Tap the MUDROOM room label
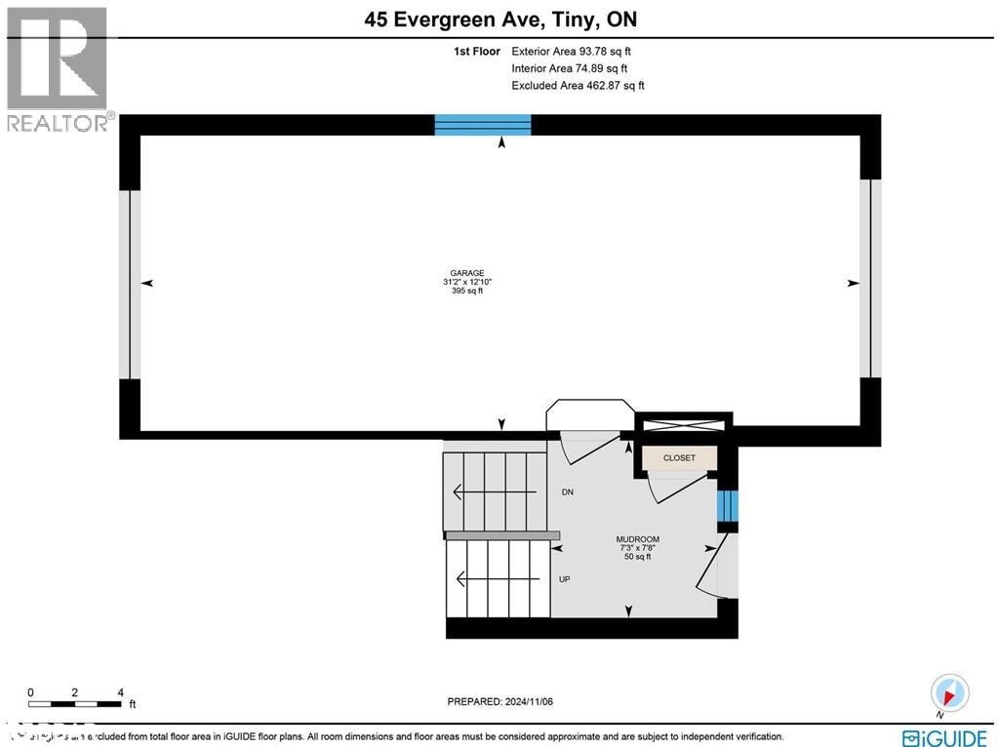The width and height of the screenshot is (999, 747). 637,539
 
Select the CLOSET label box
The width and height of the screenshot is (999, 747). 679,457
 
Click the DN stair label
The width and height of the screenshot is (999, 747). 567,492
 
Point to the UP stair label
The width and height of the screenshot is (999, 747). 564,579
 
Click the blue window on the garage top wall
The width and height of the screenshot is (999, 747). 483,124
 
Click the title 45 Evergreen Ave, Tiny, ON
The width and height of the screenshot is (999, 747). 499,20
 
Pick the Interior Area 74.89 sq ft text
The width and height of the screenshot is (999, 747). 570,68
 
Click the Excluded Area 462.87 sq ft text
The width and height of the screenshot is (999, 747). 578,86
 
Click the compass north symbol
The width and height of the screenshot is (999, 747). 949,693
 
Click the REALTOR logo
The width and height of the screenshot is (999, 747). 58,68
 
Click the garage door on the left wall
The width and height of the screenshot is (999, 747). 130,284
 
